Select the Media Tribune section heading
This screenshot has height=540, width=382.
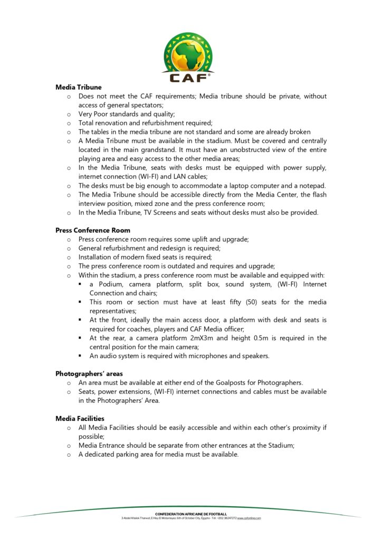point(78,87)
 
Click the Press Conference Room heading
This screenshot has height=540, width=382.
point(92,230)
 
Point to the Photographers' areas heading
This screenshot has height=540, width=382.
point(89,374)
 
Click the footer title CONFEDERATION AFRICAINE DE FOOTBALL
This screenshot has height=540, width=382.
point(191,514)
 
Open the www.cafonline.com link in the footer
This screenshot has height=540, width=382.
point(249,518)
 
